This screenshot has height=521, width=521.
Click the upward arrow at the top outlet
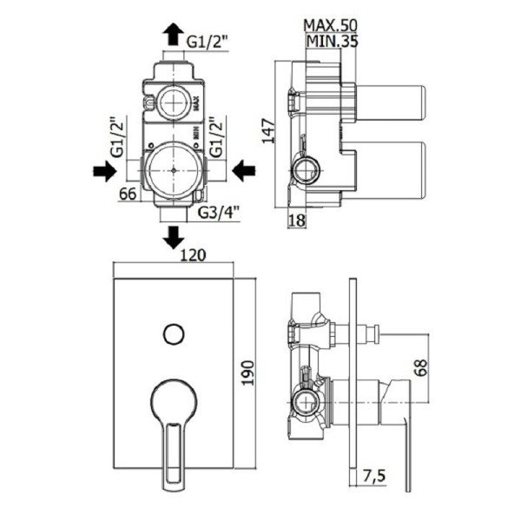click(x=173, y=34)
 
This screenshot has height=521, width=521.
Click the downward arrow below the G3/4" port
click(x=173, y=237)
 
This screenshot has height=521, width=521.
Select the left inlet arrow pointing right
click(x=105, y=171)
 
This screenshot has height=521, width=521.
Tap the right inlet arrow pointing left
click(x=243, y=171)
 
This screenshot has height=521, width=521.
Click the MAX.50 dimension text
click(x=330, y=25)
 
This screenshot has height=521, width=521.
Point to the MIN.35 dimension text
click(x=332, y=41)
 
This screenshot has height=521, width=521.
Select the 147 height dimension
click(x=268, y=131)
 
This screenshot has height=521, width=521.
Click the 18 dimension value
click(x=297, y=220)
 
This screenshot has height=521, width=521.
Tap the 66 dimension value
click(x=128, y=194)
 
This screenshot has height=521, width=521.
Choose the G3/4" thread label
click(x=218, y=213)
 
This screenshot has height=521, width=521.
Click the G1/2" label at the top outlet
click(x=208, y=42)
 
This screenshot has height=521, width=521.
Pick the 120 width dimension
click(x=193, y=254)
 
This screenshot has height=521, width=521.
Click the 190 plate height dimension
click(x=247, y=373)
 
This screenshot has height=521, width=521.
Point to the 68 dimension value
click(x=421, y=367)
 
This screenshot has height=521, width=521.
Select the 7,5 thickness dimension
click(x=374, y=476)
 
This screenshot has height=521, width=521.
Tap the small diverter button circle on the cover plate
click(x=174, y=334)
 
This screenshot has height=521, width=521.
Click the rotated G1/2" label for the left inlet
click(x=117, y=136)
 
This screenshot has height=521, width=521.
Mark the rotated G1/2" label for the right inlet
click(x=216, y=136)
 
